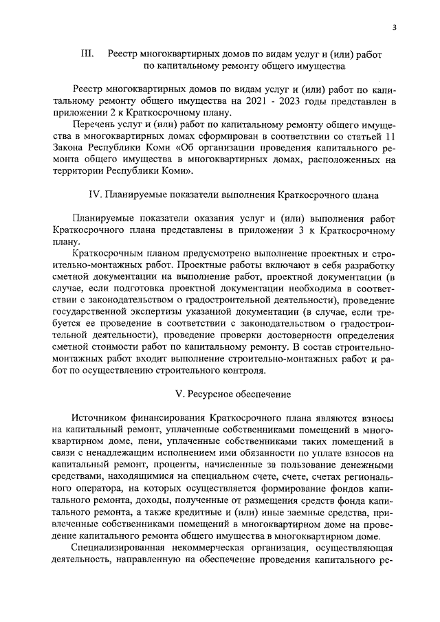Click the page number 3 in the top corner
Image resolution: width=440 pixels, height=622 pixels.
(394, 27)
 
